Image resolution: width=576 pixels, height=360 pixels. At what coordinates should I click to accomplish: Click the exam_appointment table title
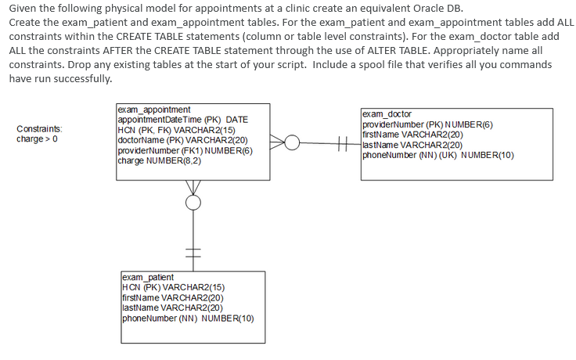coord(153,110)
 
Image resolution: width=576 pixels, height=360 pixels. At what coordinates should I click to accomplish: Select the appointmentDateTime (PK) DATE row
coord(182,120)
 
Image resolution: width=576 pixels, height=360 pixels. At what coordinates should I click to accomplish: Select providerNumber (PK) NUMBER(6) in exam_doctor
coord(427,124)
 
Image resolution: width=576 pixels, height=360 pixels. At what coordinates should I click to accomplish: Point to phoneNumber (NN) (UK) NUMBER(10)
coord(437,155)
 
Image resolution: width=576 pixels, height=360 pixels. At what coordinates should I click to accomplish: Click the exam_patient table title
coord(148,277)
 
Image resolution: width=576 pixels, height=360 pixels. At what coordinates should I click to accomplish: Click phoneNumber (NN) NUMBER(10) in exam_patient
coord(188,318)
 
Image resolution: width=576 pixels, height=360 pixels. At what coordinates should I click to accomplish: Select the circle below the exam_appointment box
coord(193,202)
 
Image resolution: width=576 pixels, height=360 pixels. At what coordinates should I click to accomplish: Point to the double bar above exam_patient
coord(193,250)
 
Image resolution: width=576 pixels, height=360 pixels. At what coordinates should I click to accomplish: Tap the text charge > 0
coord(36,139)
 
